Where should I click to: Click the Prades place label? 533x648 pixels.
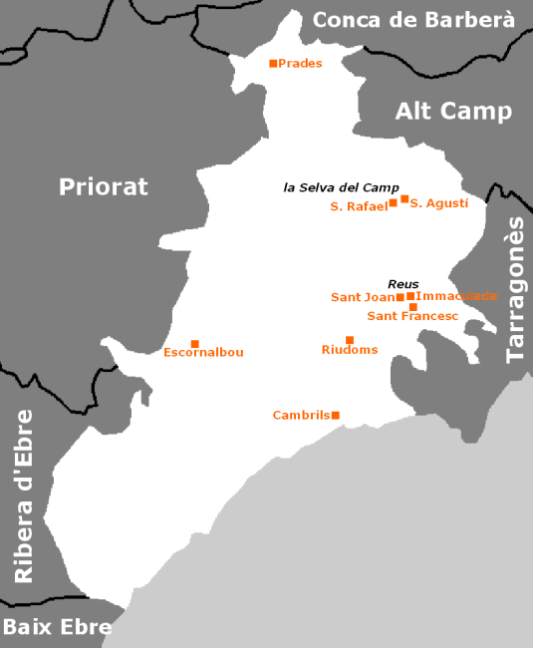coord(301,64)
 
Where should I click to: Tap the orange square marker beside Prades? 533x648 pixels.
coord(273,64)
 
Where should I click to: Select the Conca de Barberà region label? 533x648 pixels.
coord(413,20)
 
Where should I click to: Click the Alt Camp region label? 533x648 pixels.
coord(453,111)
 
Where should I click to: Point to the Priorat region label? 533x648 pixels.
coord(103,186)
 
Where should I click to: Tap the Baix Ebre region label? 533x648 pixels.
coord(57,627)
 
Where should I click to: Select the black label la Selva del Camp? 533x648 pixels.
coord(341,186)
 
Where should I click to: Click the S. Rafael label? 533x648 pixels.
coord(358,206)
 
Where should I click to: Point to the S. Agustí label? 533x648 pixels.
coord(439,203)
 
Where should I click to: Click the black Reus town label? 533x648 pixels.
coord(402,283)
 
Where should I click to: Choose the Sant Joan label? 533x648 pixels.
coord(363,297)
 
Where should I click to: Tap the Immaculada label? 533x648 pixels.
coord(457,296)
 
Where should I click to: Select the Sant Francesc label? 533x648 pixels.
coord(411,316)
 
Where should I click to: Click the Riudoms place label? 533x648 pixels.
coord(350,350)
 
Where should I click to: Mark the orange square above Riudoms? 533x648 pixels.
coord(349,340)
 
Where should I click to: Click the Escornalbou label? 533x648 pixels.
coord(203,352)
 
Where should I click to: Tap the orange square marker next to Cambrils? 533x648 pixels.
coord(336,415)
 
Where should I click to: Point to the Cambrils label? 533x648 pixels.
coord(301,415)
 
